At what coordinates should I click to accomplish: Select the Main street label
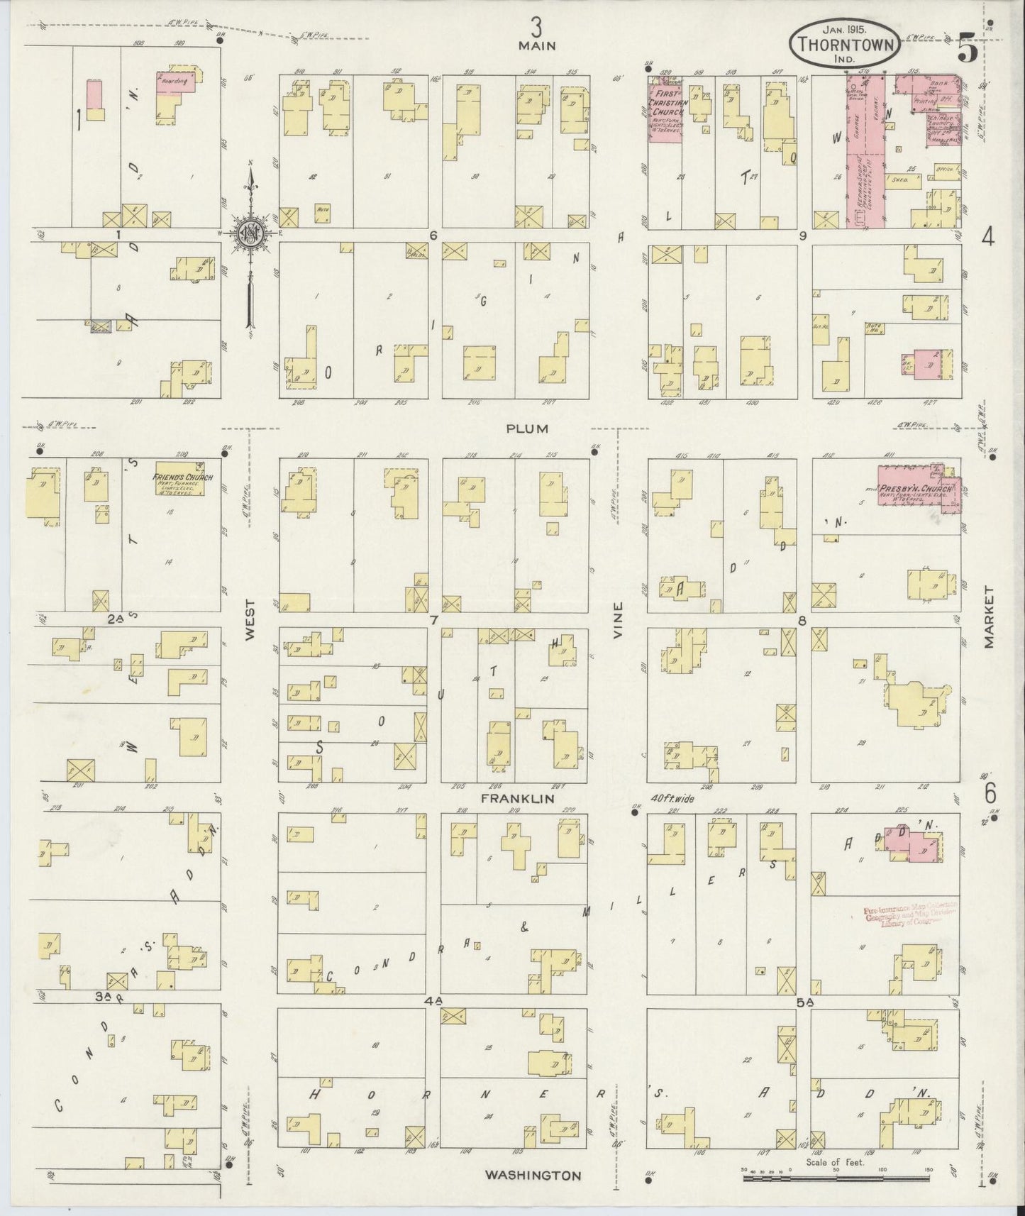(x=536, y=45)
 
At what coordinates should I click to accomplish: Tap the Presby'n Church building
(x=919, y=489)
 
